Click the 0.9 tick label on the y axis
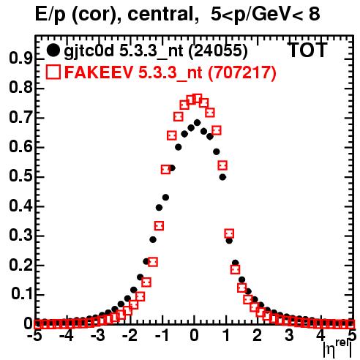[x=20, y=59]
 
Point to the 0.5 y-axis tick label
[x=20, y=176]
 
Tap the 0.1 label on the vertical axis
[x=22, y=294]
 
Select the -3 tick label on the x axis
[x=98, y=335]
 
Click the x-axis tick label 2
[x=257, y=335]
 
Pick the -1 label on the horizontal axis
[x=162, y=335]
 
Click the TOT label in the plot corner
[x=307, y=50]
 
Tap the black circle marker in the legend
[x=53, y=50]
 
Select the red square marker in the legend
[x=53, y=72]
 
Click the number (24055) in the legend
[x=218, y=50]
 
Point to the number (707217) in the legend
[x=241, y=72]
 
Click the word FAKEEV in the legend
[x=99, y=72]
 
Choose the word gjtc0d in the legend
[x=89, y=51]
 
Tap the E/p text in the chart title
[x=50, y=15]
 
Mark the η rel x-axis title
[x=337, y=349]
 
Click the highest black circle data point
[x=197, y=122]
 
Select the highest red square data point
[x=198, y=99]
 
